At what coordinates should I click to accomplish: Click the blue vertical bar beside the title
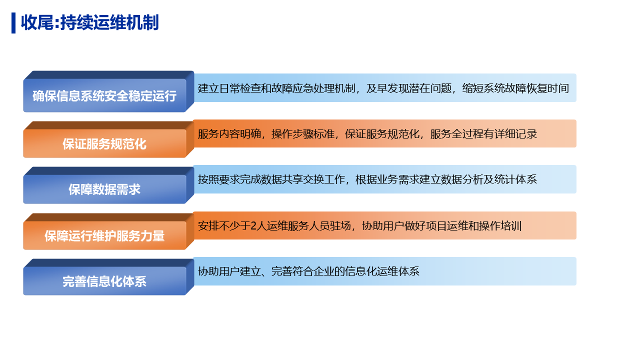[13, 23]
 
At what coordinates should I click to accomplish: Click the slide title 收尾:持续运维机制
[89, 22]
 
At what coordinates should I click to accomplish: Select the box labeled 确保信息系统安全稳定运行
[108, 91]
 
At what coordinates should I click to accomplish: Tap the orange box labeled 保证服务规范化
[108, 139]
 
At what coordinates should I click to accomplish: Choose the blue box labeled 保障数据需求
[108, 185]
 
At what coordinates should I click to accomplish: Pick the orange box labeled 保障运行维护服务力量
[108, 231]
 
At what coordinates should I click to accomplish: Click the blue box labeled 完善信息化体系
[108, 277]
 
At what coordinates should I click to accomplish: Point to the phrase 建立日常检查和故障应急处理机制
[276, 88]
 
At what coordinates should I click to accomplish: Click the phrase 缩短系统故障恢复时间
[515, 88]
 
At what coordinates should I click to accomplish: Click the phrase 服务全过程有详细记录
[483, 134]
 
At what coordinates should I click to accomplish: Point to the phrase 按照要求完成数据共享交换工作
[271, 179]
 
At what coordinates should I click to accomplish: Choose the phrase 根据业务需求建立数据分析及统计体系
[446, 179]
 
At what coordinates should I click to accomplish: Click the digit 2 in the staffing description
[253, 226]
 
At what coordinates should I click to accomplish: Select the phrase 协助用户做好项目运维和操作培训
[441, 226]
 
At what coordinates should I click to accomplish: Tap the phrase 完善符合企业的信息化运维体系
[345, 271]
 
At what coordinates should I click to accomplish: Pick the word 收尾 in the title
[37, 22]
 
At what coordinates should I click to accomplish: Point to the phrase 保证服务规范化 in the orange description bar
[382, 134]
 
